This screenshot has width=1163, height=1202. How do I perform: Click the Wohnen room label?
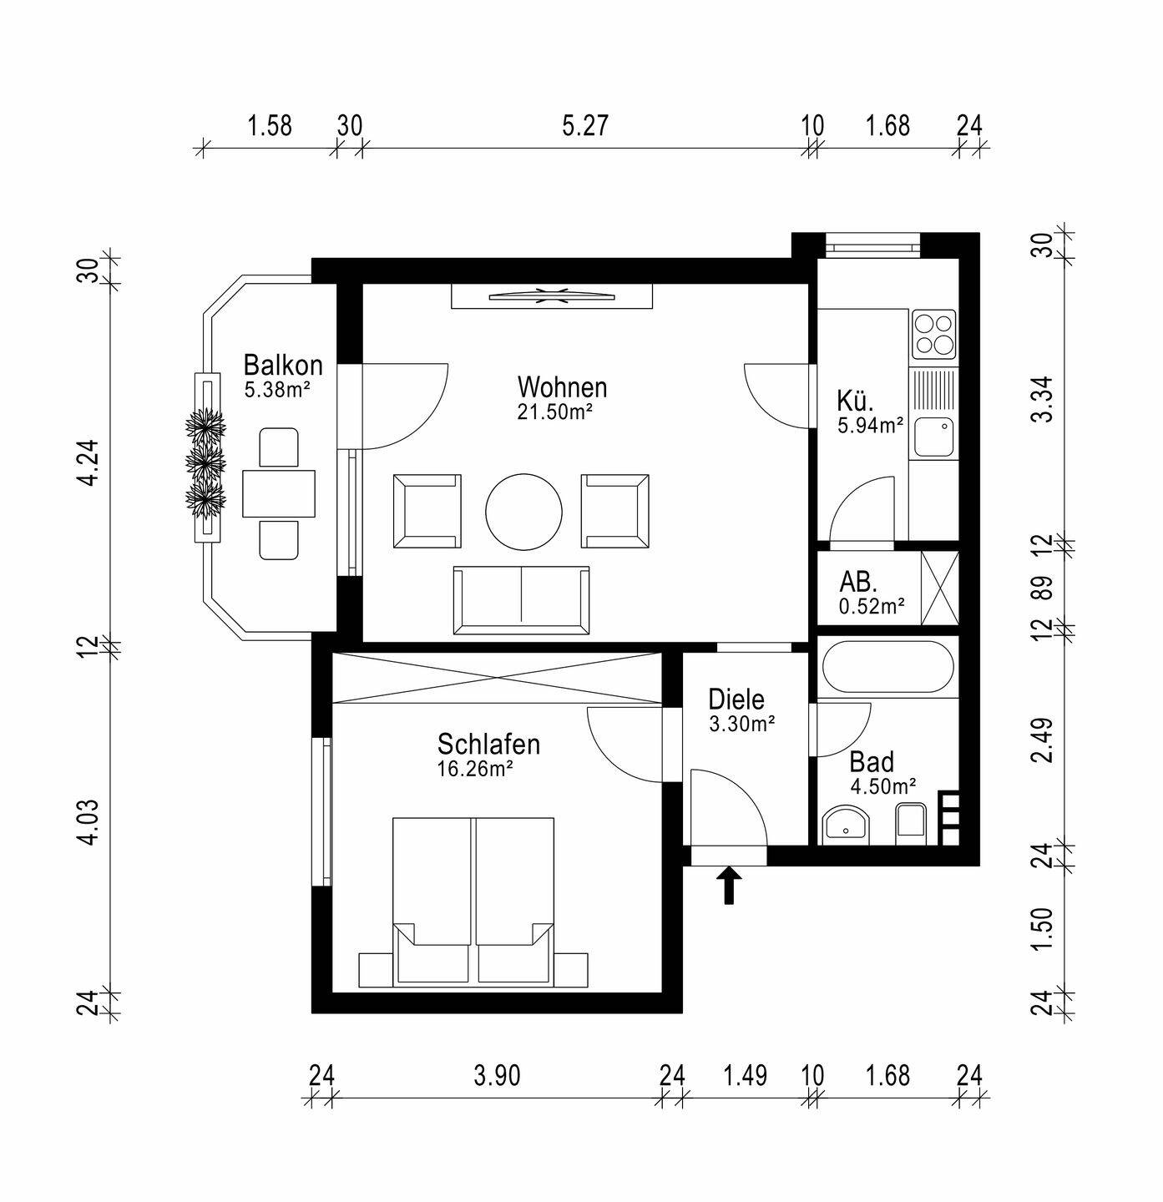(x=563, y=387)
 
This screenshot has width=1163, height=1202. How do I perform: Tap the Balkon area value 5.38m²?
(x=277, y=390)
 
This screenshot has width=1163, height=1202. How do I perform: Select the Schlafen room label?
(x=488, y=745)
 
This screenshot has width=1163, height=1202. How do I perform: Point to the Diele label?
(x=736, y=699)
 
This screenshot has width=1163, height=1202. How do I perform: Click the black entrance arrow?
(x=730, y=885)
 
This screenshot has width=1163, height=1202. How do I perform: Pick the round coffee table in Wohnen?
(x=524, y=512)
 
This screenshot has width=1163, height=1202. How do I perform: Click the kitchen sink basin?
(x=933, y=437)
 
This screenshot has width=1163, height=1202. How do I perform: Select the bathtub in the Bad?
(x=887, y=666)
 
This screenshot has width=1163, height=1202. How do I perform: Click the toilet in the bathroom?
(x=911, y=823)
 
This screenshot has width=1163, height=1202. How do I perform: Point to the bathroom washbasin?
(x=847, y=826)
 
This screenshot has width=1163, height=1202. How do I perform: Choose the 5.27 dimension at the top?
(x=584, y=125)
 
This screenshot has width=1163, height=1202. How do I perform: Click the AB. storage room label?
(x=858, y=582)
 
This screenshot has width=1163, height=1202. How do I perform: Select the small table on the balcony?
(x=279, y=493)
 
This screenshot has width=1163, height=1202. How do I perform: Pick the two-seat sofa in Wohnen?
(x=521, y=600)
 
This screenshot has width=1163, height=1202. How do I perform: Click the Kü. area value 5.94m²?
(x=871, y=425)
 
